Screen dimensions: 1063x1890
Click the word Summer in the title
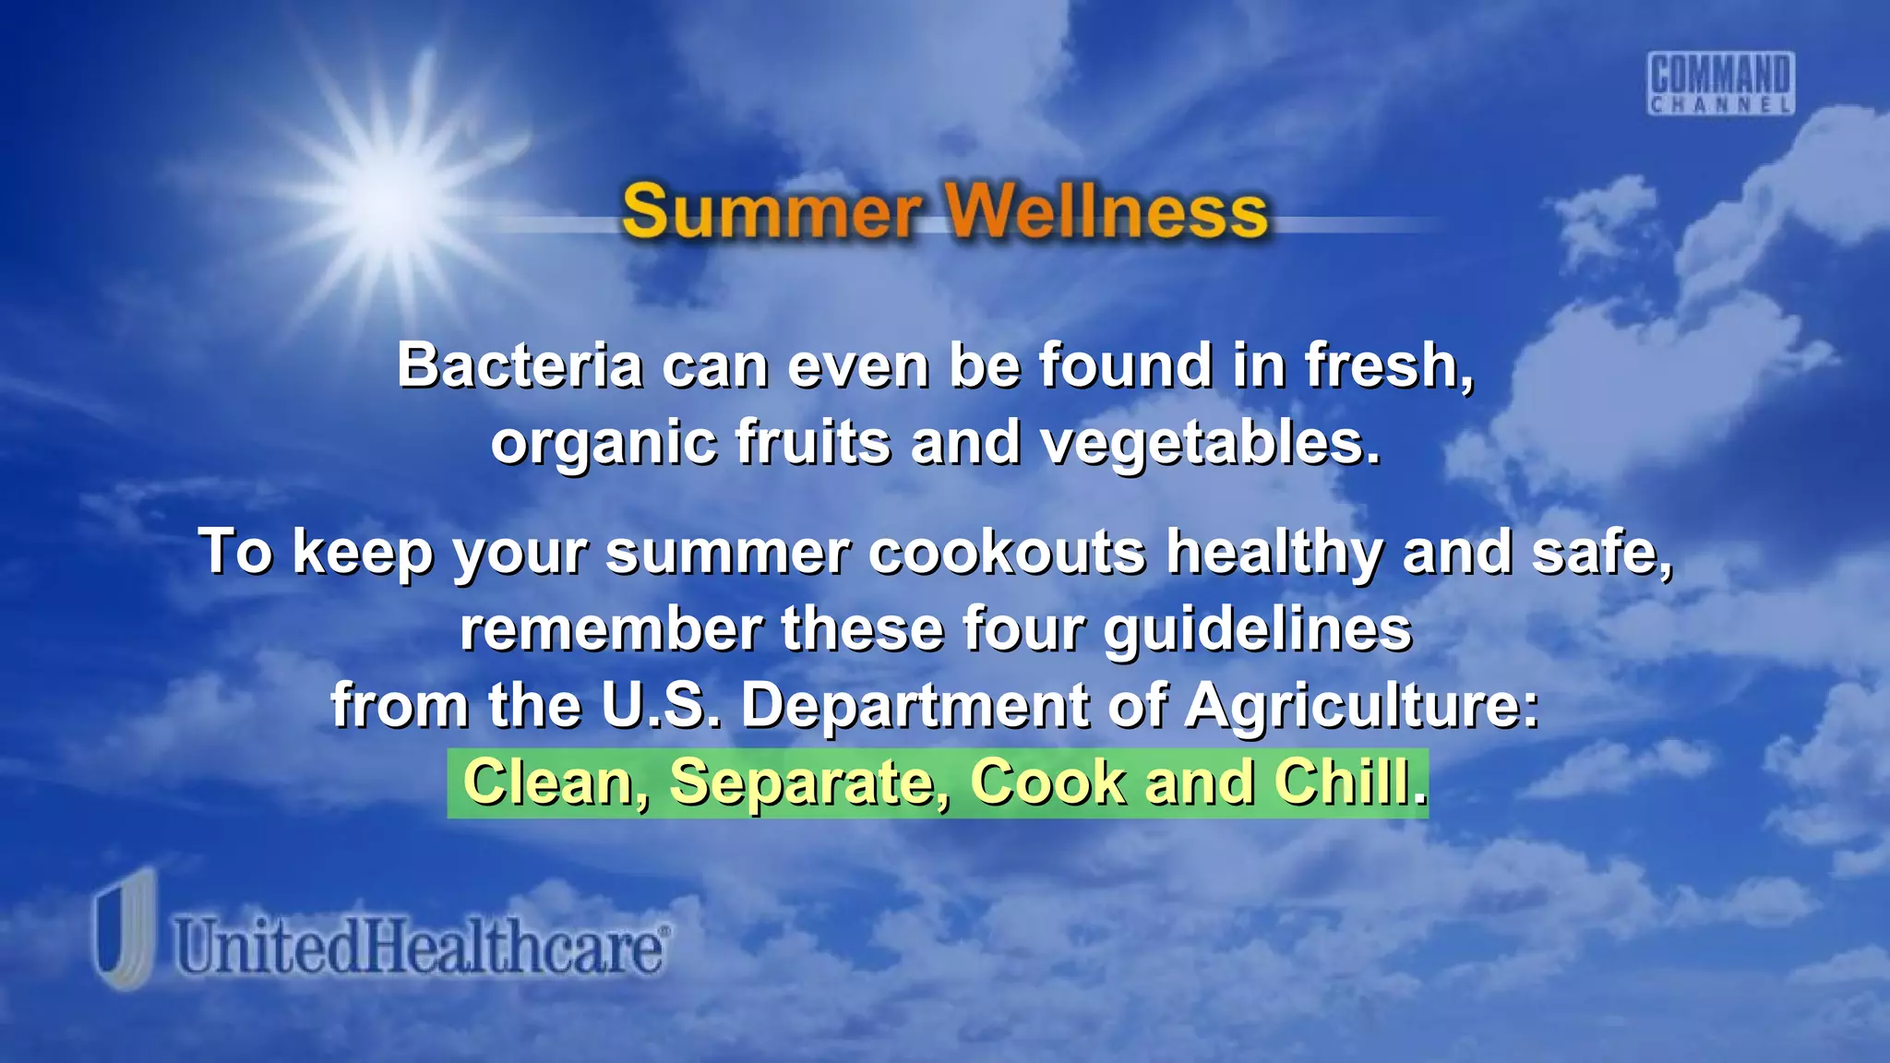click(771, 212)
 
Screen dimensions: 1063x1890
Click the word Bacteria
click(520, 365)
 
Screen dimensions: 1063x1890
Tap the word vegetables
click(1209, 444)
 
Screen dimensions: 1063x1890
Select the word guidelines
click(1258, 629)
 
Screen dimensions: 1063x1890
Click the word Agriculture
click(1362, 707)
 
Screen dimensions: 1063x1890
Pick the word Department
click(915, 707)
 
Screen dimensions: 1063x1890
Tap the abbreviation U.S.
click(661, 707)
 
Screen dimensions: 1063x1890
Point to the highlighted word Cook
click(1048, 782)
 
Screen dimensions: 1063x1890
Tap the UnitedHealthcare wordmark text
click(421, 947)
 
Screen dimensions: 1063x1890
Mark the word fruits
click(813, 442)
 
